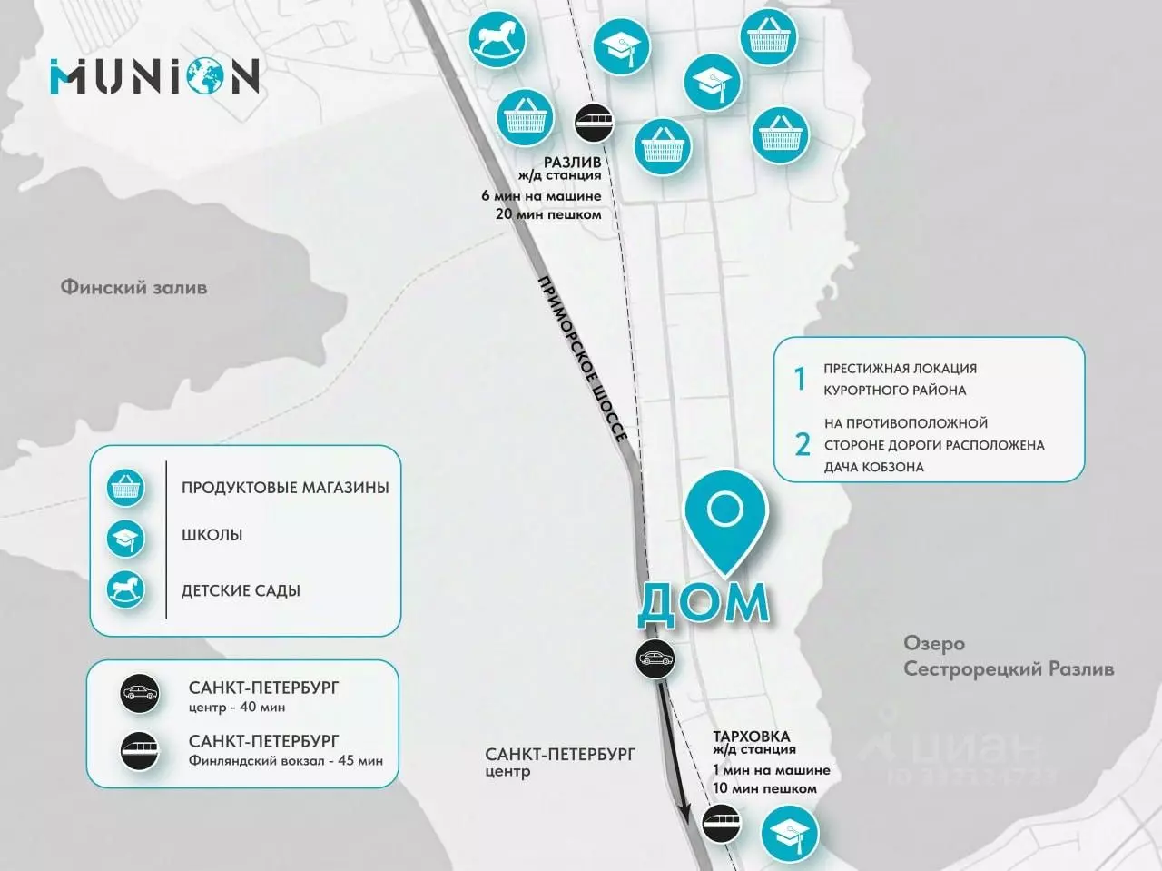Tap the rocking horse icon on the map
pos(497,40)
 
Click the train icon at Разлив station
pos(594,122)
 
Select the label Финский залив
pos(133,288)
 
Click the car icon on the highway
pos(655,658)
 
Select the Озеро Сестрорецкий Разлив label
pos(1009,657)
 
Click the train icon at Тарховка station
pos(722,824)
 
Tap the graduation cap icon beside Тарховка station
pos(789,835)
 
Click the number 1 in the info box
pos(800,379)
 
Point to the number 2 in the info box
pos(803,445)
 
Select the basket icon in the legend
pos(125,488)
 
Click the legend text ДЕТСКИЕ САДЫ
pos(241,591)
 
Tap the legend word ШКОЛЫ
pos(212,535)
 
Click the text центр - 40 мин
pos(237,708)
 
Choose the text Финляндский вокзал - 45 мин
pos(285,761)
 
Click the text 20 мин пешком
pos(548,215)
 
